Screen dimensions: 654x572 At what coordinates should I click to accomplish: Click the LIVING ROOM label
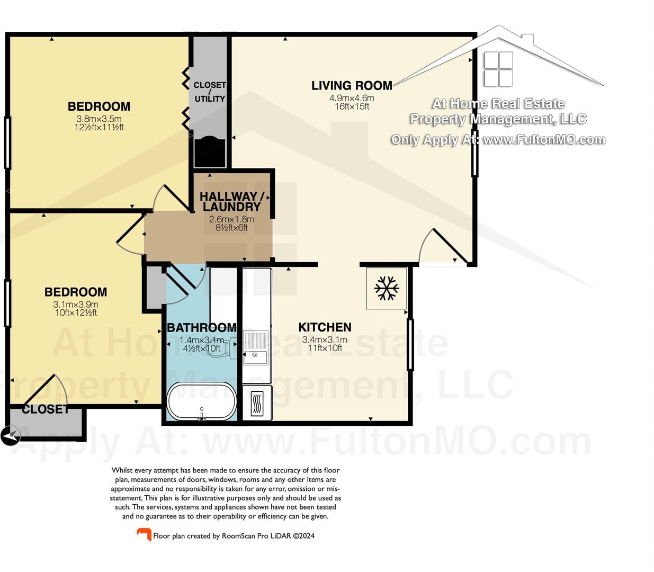click(x=352, y=86)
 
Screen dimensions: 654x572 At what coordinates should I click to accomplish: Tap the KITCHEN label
click(x=325, y=327)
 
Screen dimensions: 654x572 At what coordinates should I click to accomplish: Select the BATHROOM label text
click(x=202, y=327)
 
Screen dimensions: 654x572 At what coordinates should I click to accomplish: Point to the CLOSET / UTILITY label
click(x=210, y=92)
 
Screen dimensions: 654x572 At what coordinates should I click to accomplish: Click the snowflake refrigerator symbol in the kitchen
click(x=387, y=288)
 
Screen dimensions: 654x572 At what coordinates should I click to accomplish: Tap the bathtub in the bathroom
click(x=202, y=401)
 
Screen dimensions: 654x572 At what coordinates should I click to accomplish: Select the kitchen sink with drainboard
click(x=255, y=348)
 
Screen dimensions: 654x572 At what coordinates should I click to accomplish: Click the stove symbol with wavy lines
click(x=257, y=404)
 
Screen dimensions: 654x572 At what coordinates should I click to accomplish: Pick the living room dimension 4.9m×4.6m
click(x=352, y=98)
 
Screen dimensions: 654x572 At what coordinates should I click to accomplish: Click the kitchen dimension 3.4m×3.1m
click(x=325, y=339)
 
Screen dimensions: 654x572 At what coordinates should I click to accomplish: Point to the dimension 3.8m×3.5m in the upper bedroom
click(x=99, y=119)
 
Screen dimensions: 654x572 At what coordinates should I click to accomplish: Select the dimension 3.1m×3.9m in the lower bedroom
click(x=76, y=305)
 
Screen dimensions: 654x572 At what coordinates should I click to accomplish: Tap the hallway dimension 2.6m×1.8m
click(x=231, y=219)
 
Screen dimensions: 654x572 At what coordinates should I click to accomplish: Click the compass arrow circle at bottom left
click(x=10, y=435)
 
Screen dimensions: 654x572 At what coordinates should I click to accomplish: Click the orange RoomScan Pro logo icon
click(x=144, y=534)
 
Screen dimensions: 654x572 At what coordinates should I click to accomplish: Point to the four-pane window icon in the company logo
click(x=498, y=69)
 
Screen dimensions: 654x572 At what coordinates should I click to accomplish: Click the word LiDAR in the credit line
click(x=281, y=536)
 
